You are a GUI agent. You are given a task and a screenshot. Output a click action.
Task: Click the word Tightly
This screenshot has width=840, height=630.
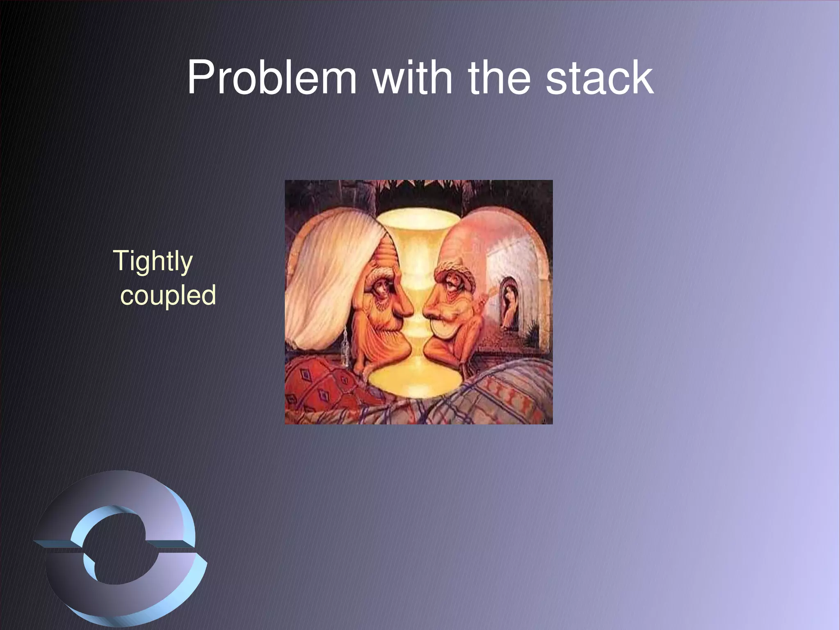point(153,261)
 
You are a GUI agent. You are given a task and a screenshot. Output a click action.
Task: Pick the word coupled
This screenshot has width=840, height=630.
point(168,295)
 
